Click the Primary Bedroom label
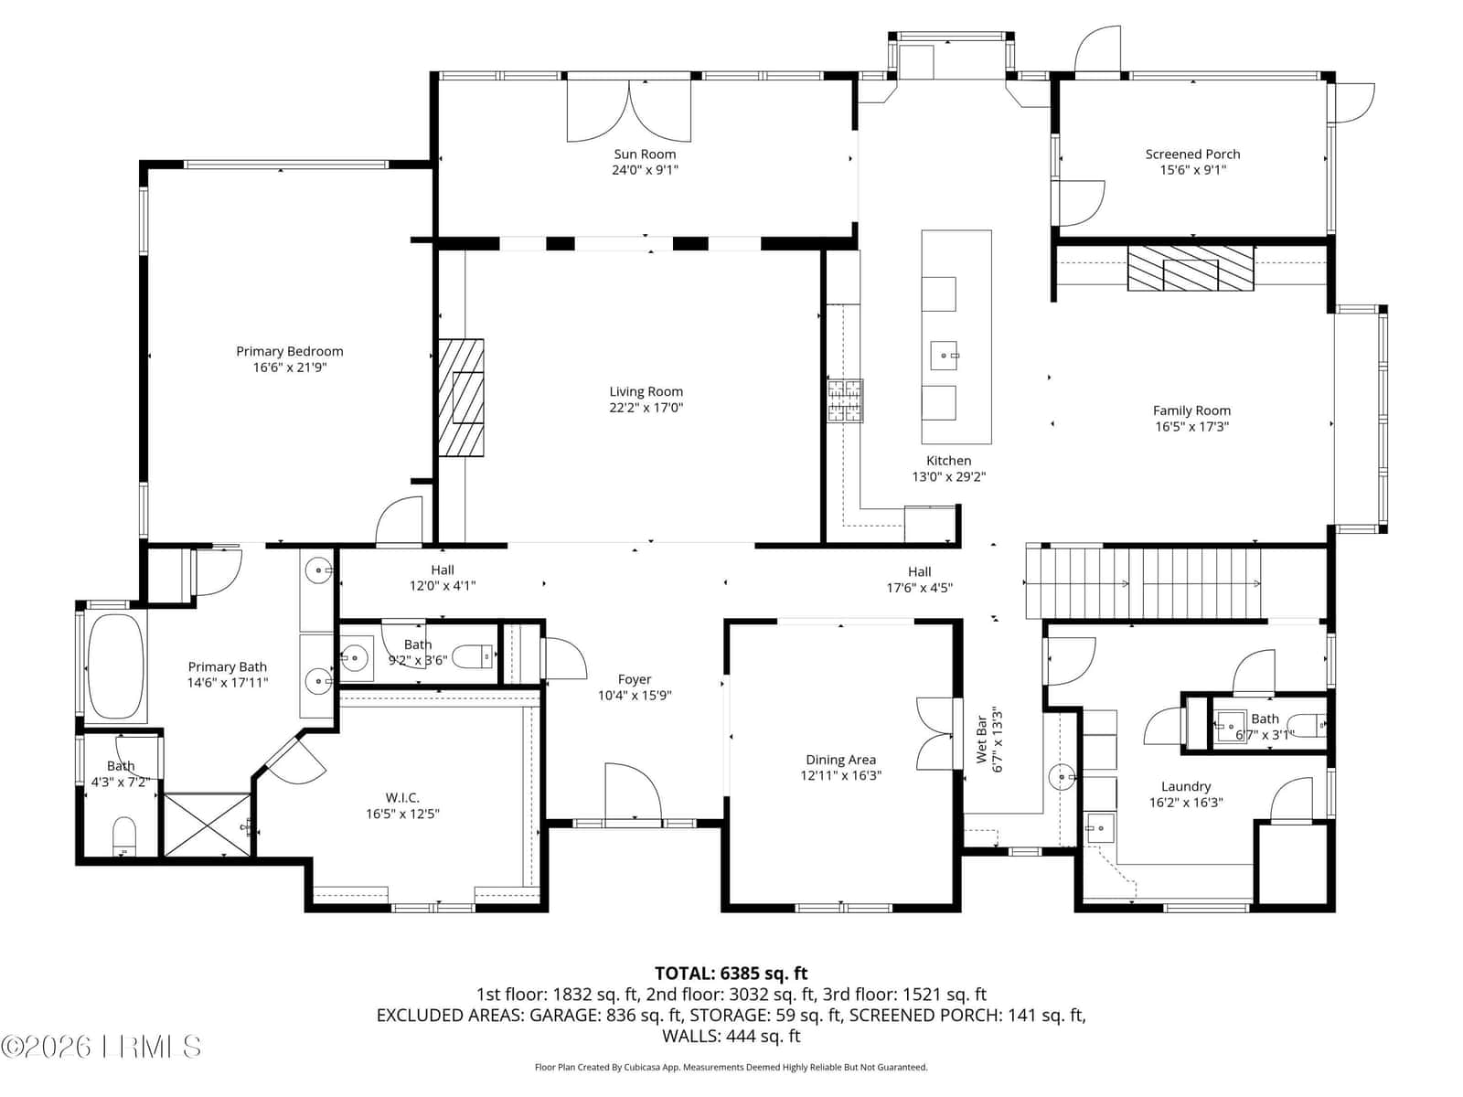pos(289,351)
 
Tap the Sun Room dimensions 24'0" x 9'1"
pos(645,170)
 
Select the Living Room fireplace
pos(461,398)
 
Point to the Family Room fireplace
pos(1190,268)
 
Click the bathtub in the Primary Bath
pos(115,666)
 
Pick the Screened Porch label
pos(1192,154)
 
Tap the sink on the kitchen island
pos(944,355)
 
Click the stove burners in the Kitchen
pos(845,400)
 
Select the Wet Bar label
pos(980,740)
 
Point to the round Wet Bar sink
pos(1061,777)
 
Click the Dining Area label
pos(840,760)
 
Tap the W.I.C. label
pos(402,797)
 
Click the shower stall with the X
pos(208,824)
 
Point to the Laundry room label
pos(1185,786)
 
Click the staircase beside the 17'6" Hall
pos(1142,583)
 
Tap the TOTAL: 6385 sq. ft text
pos(731,974)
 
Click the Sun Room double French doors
pos(628,110)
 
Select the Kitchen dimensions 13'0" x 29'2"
pos(948,476)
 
